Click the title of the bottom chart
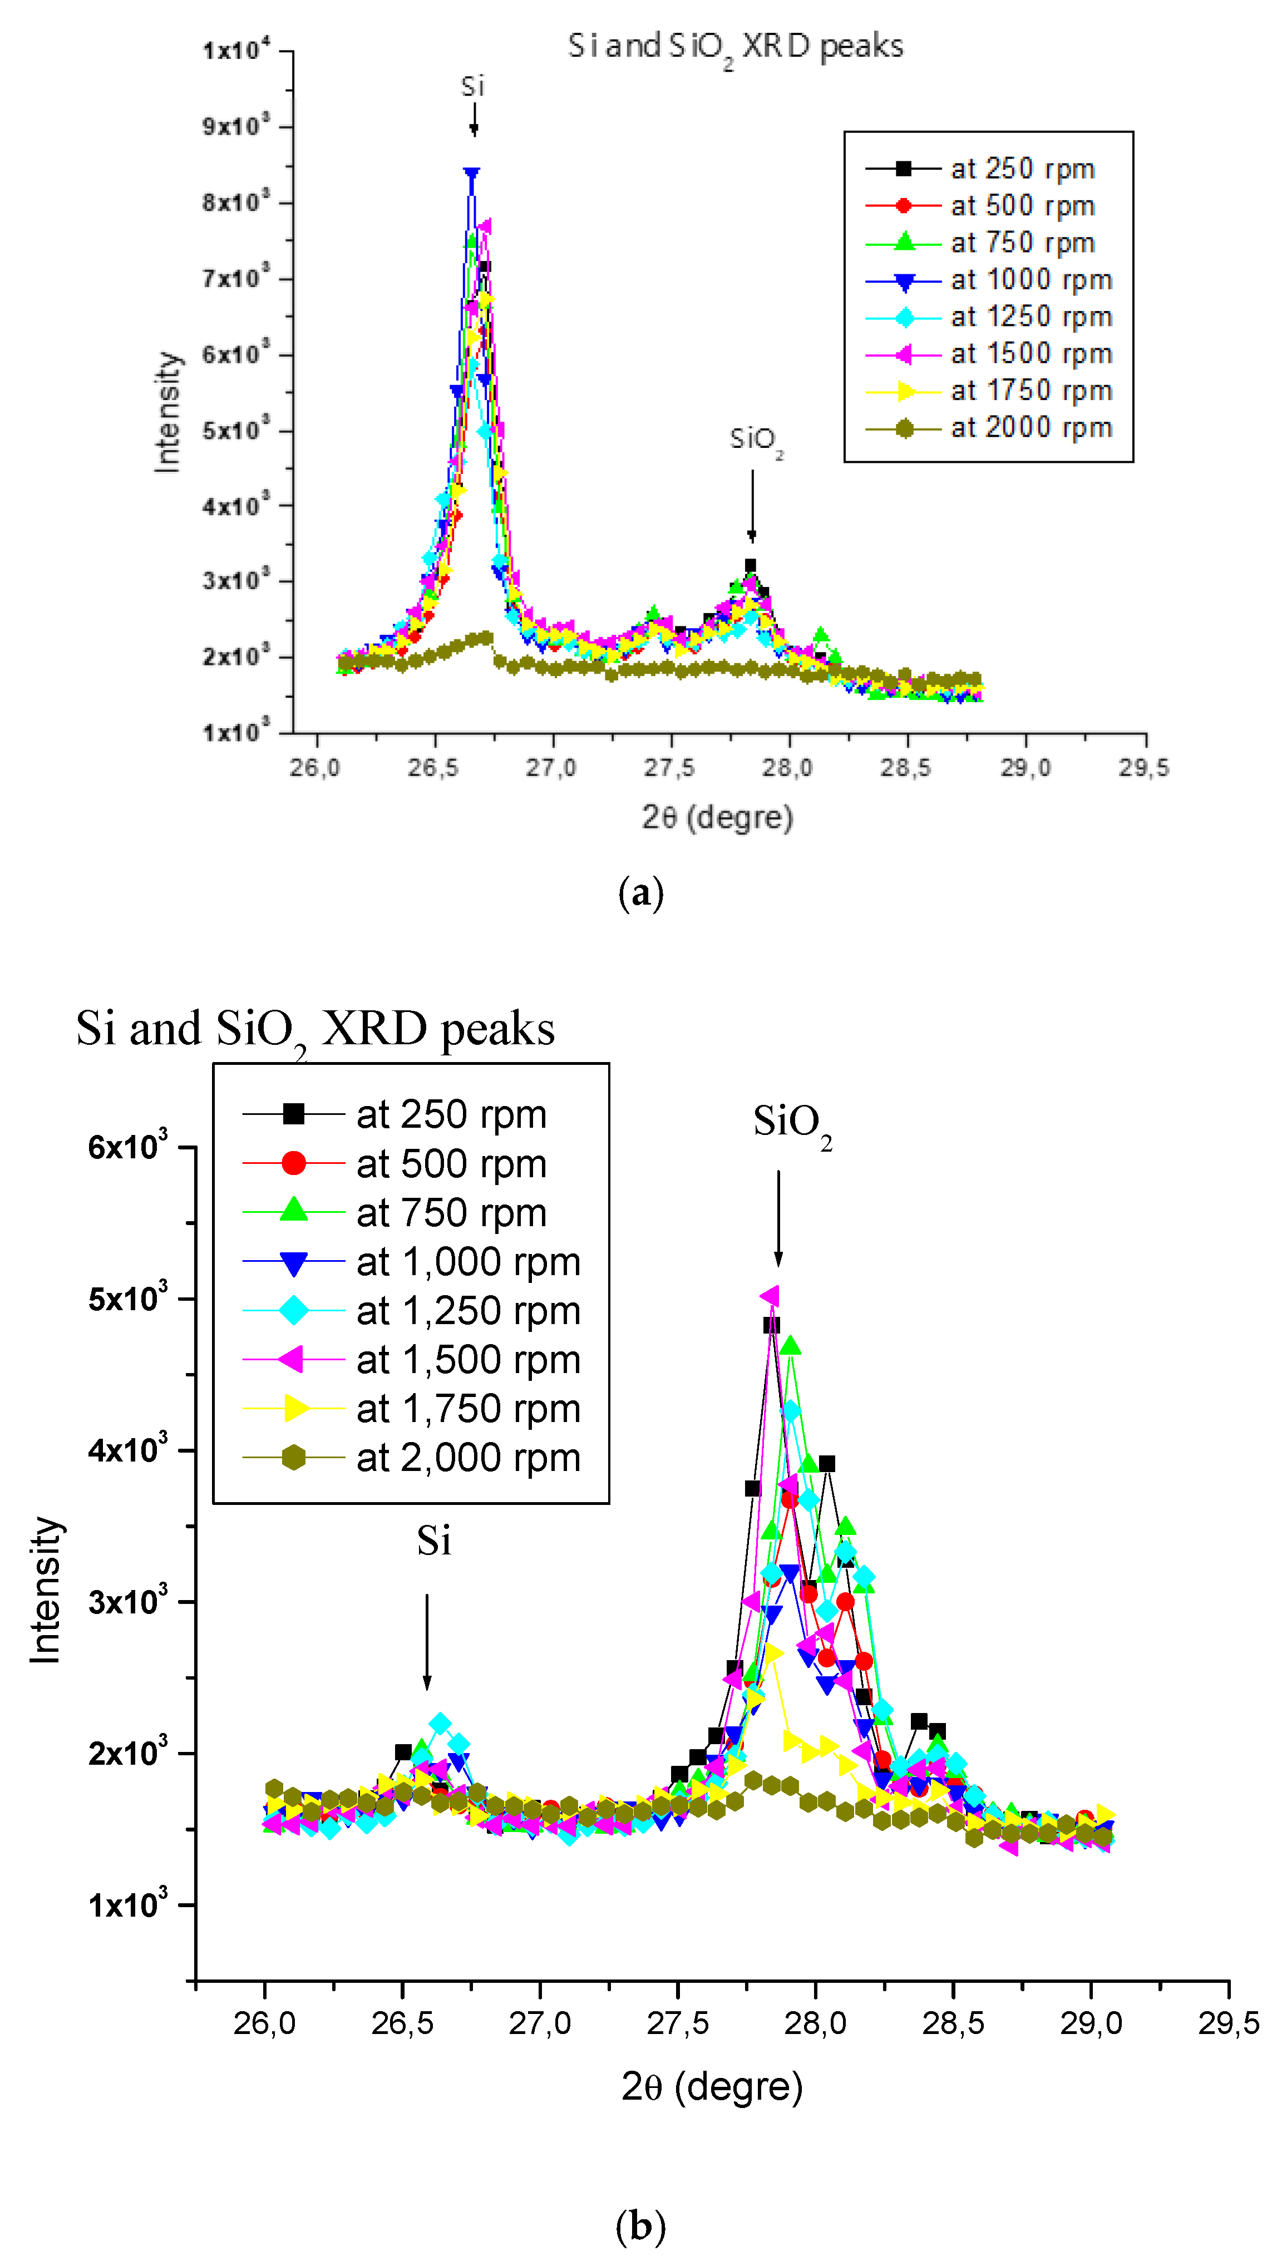coord(315,1029)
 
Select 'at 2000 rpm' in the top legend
coord(1031,428)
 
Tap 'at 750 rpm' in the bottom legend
coord(451,1213)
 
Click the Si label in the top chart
coord(472,87)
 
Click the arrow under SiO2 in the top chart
coord(751,506)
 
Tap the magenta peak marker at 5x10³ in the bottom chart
coord(770,1296)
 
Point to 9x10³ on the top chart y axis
coord(235,126)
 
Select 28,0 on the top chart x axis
coord(787,768)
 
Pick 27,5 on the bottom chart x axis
coord(677,2023)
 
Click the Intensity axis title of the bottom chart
coord(46,1589)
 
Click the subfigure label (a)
coord(641,893)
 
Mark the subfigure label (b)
coord(641,2225)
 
